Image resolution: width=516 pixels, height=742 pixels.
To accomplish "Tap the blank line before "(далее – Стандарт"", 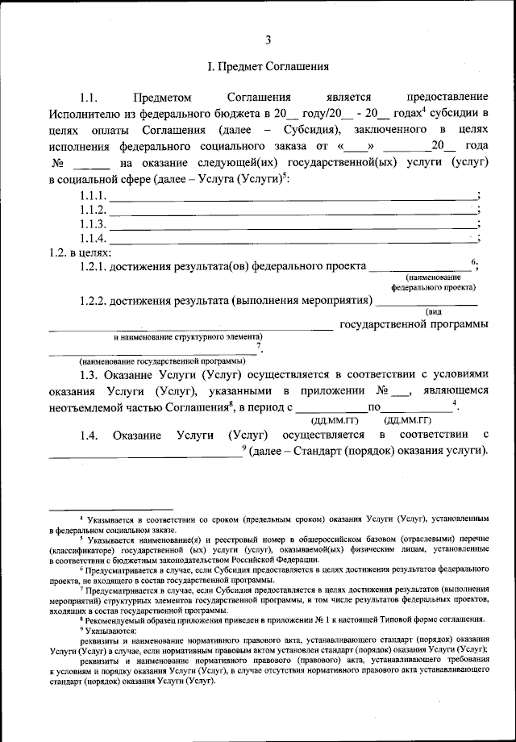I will tap(145, 454).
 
